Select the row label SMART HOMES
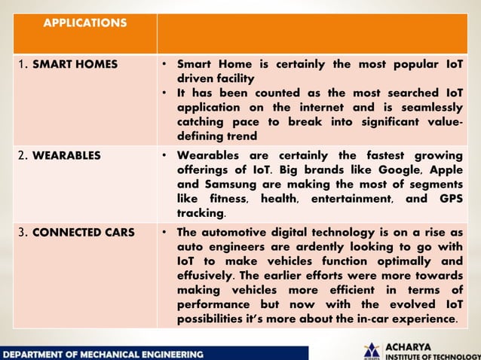click(x=74, y=64)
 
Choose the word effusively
click(x=206, y=275)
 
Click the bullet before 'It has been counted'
click(x=164, y=93)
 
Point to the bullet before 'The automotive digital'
click(x=164, y=232)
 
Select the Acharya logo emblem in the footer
click(x=371, y=351)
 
